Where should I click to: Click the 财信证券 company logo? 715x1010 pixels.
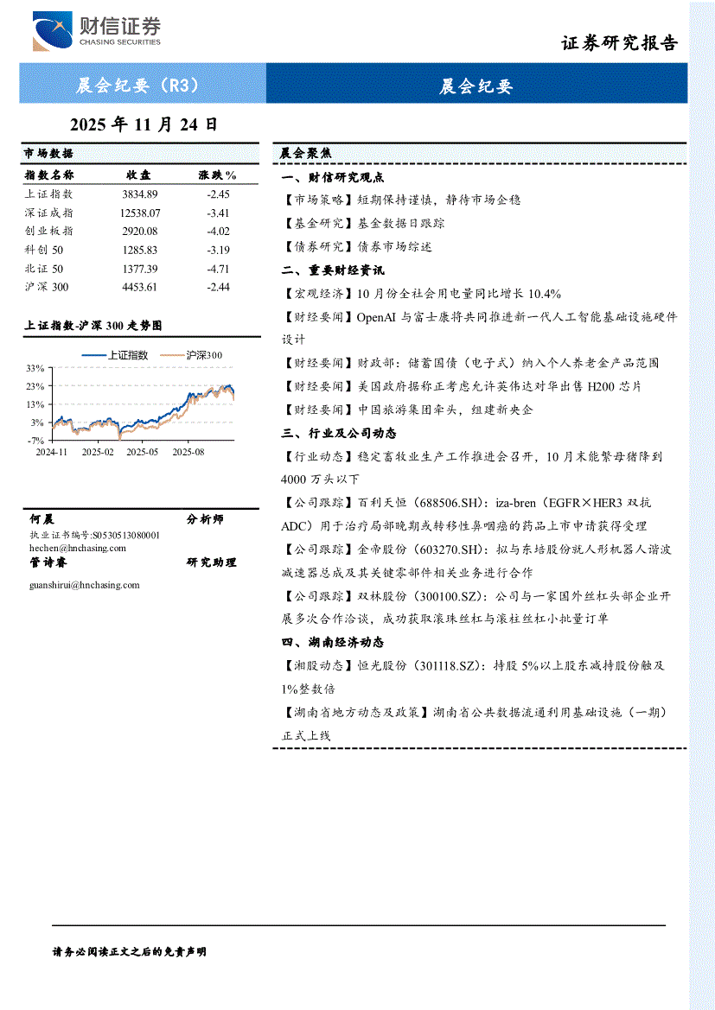tap(96, 31)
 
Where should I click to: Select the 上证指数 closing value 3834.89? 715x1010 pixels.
tap(140, 194)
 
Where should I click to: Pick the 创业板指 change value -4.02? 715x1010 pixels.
tap(218, 231)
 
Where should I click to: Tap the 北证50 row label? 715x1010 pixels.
tap(44, 269)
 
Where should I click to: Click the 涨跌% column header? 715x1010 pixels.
tap(217, 175)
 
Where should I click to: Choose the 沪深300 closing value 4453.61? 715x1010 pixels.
tap(140, 287)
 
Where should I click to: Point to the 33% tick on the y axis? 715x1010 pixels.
tap(35, 368)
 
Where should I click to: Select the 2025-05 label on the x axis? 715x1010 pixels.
tap(144, 451)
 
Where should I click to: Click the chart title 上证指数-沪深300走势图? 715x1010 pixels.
tap(93, 326)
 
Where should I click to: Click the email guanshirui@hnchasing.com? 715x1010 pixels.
tap(84, 585)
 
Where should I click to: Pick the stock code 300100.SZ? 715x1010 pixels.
tap(438, 596)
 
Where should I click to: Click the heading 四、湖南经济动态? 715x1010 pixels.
tap(333, 642)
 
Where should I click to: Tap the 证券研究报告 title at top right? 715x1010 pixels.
tap(619, 43)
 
